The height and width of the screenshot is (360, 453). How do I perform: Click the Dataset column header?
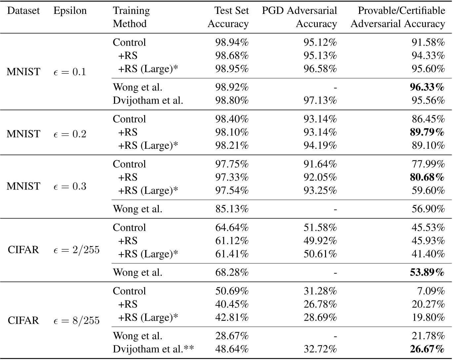(23, 11)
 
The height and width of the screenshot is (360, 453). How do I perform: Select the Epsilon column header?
(70, 11)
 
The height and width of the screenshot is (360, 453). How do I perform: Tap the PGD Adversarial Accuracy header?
(299, 17)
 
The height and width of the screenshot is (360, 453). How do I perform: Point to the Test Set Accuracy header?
(228, 17)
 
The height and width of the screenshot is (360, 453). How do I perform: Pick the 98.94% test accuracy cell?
(232, 42)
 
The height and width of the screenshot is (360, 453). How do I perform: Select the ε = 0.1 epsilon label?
(70, 72)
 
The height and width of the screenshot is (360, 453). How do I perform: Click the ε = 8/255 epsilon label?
(76, 320)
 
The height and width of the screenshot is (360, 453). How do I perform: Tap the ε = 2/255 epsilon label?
(76, 250)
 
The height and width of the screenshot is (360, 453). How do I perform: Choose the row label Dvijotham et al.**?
(153, 349)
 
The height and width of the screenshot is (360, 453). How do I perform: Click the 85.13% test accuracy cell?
(232, 209)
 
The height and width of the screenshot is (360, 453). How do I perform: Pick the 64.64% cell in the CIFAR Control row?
(232, 227)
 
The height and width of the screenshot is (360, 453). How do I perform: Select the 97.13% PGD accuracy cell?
(320, 100)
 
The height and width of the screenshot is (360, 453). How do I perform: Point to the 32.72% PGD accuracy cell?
(320, 349)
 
